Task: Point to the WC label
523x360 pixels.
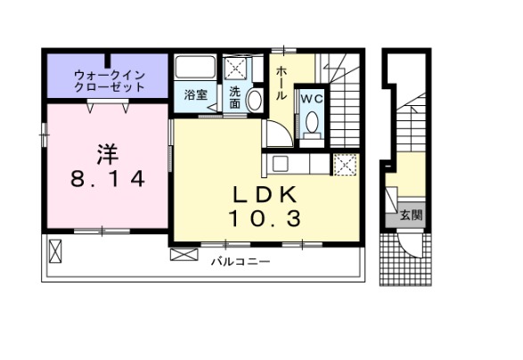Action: coord(311,99)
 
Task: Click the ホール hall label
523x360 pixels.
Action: coord(281,83)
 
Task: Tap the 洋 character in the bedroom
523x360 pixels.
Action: coord(107,151)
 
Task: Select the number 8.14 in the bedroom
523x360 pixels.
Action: coord(107,178)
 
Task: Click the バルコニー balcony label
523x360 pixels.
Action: coord(241,262)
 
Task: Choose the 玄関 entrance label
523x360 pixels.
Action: coord(411,214)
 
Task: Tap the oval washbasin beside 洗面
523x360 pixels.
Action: coord(253,100)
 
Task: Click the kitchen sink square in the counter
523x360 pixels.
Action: coord(280,164)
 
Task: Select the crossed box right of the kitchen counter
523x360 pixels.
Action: coord(345,165)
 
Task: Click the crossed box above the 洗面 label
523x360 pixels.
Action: coord(236,69)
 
